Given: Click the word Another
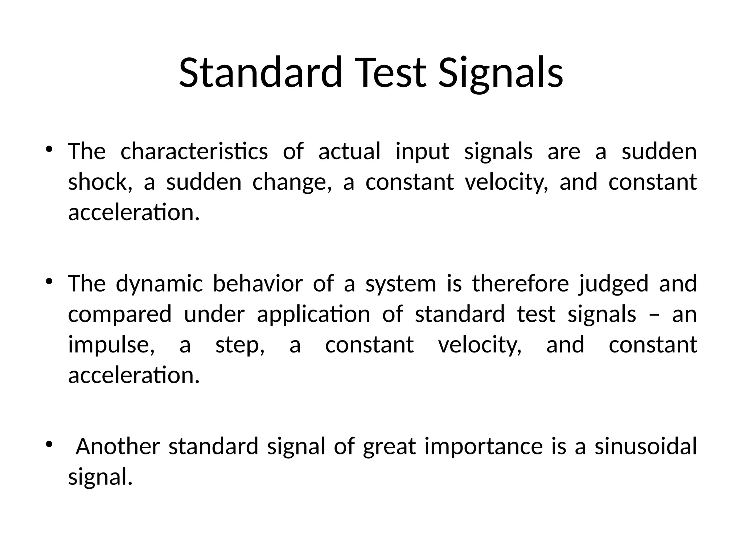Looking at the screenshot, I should [x=118, y=446].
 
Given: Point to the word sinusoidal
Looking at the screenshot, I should [x=645, y=446].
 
